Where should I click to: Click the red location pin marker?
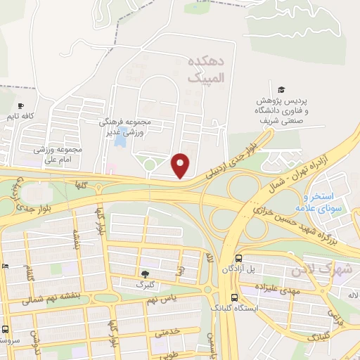181,165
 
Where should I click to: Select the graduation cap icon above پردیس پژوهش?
281,90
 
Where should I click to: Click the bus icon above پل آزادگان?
240,258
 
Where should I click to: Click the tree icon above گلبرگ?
146,274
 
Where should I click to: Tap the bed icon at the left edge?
4,266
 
